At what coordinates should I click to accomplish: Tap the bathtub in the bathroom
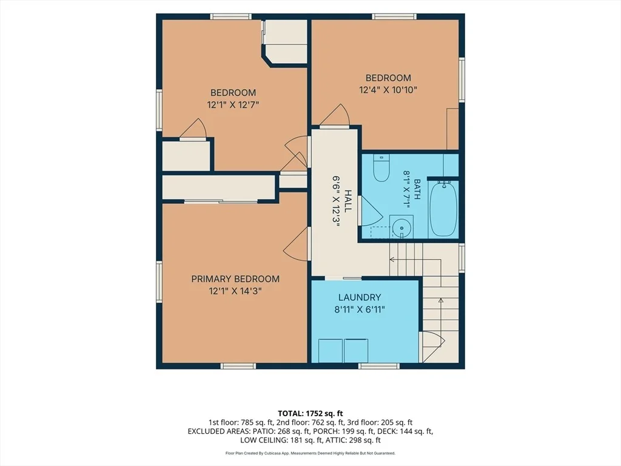443,208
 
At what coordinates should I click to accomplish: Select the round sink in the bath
401,228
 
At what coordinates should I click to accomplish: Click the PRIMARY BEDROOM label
235,279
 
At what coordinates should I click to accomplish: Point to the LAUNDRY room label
360,297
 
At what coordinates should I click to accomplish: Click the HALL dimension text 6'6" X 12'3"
336,201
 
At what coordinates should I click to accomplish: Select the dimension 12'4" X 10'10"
388,90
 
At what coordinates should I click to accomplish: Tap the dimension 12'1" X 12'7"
233,104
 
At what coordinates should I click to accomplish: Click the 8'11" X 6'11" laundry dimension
360,309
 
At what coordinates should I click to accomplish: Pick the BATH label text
417,189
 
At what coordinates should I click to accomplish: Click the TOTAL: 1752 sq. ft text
310,414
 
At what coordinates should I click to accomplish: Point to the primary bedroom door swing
296,243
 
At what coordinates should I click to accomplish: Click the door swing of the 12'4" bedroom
335,115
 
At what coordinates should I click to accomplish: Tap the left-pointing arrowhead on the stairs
392,260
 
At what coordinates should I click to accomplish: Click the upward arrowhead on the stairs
440,301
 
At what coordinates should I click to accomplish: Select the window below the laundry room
379,366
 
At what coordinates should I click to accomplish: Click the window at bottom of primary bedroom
238,366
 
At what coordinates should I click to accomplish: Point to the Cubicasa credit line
310,453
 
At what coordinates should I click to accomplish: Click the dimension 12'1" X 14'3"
235,291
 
